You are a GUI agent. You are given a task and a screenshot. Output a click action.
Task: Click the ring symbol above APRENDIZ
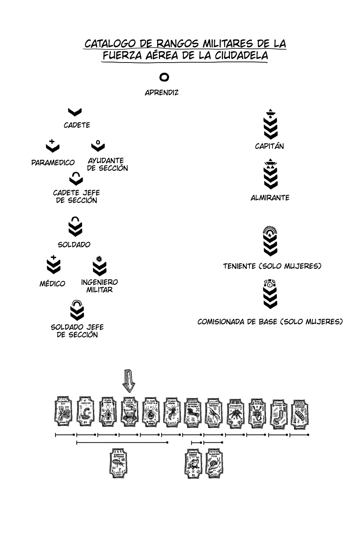164,77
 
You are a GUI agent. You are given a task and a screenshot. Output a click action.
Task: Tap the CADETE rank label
77,125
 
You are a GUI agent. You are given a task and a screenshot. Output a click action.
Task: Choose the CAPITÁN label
269,147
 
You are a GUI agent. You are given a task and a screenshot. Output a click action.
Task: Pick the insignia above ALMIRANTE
271,174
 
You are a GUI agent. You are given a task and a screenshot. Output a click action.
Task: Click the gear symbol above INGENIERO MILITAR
99,258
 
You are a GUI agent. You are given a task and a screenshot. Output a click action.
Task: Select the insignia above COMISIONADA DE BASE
270,293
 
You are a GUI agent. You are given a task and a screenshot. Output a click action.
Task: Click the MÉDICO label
52,284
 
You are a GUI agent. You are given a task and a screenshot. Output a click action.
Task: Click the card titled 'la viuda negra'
151,412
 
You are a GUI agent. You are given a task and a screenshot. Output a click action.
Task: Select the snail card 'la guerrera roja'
214,463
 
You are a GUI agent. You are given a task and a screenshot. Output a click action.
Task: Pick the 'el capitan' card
86,412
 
